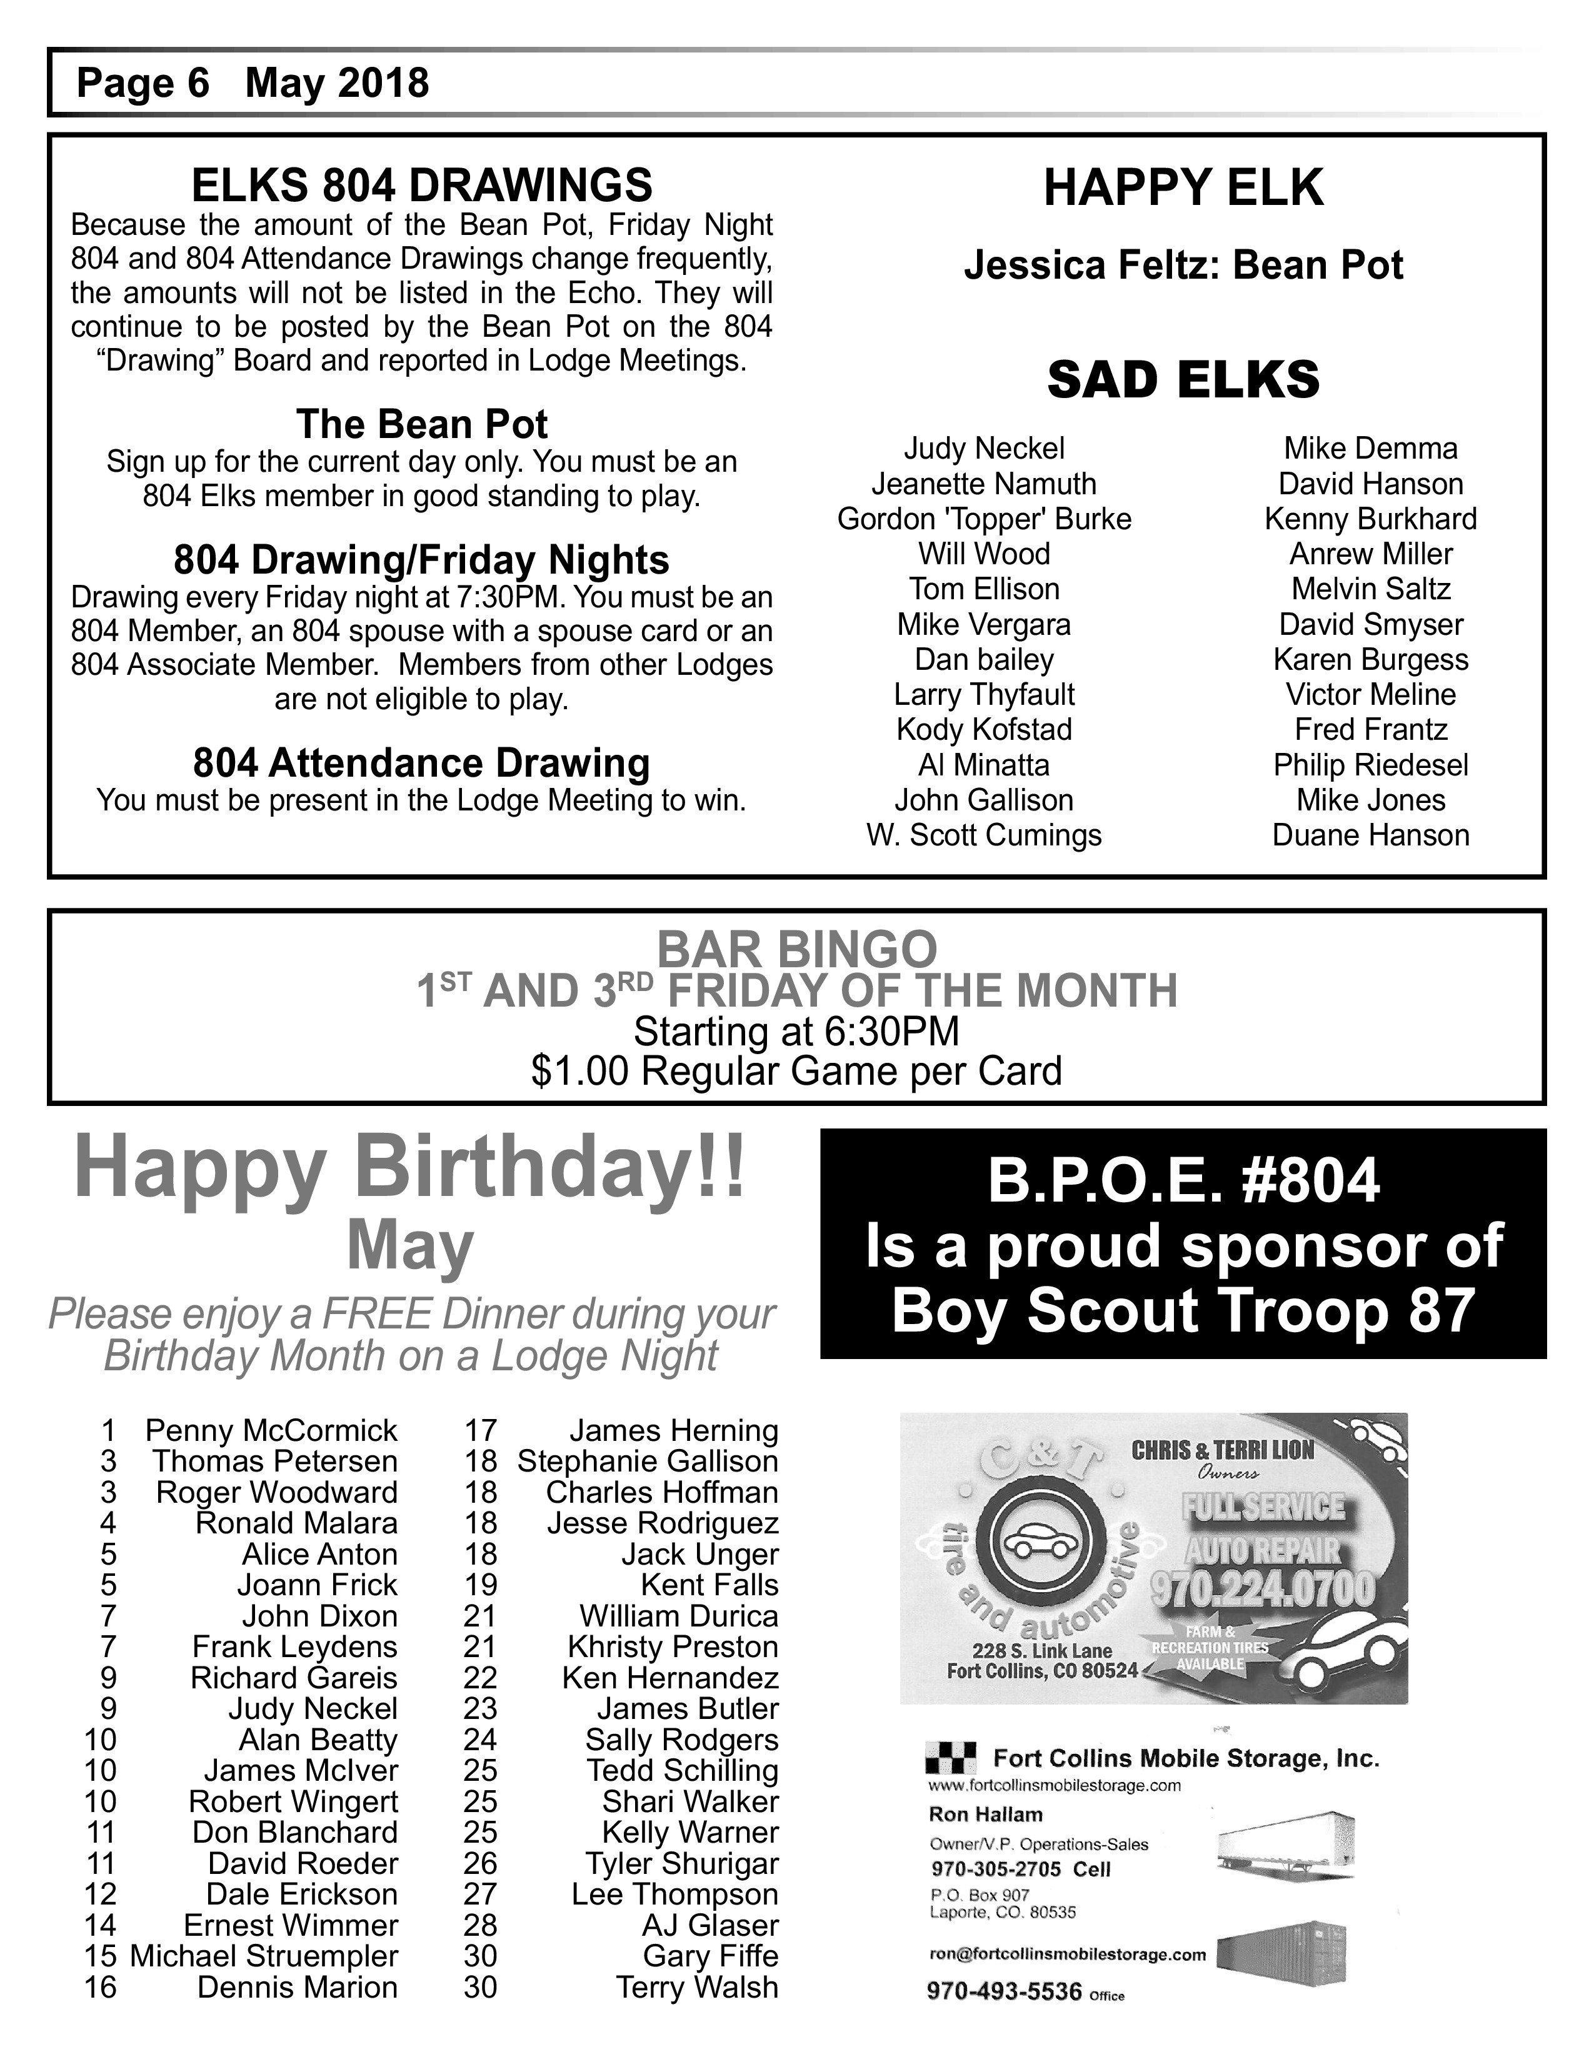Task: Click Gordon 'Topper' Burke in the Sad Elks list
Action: point(984,519)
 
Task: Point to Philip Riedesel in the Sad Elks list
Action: point(1370,765)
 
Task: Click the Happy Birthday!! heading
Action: point(410,1169)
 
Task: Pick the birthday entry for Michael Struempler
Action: point(263,1955)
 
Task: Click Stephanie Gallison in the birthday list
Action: point(647,1462)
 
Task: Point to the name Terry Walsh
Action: point(697,1986)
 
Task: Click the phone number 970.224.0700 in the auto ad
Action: point(1263,1588)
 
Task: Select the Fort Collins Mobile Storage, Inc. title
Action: point(1186,1758)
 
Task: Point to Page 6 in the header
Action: point(143,83)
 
